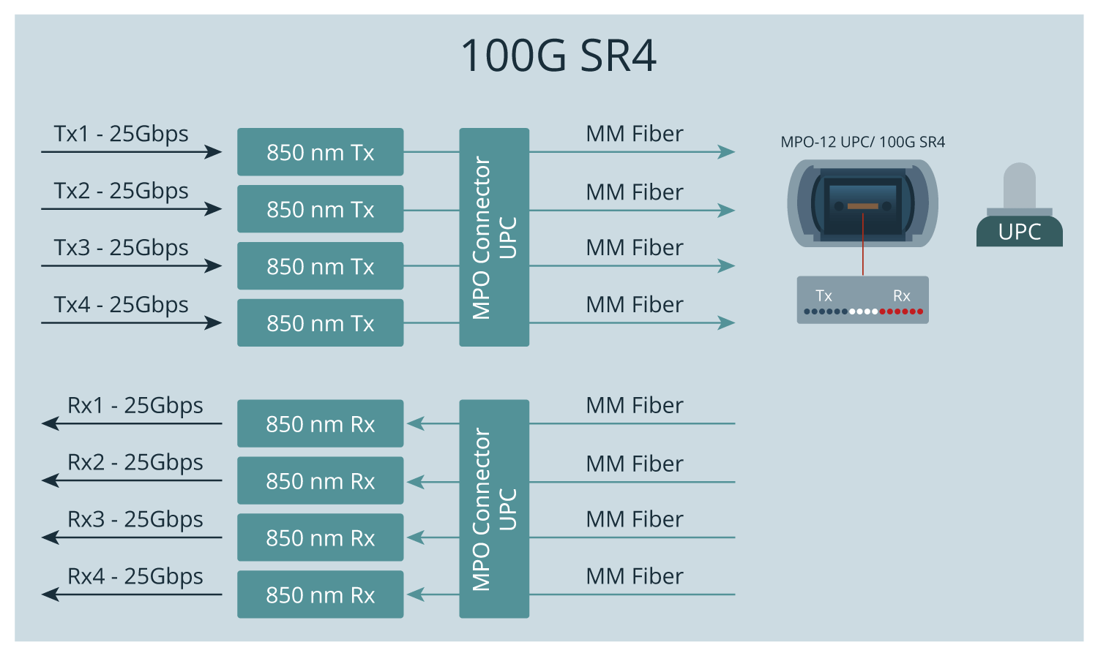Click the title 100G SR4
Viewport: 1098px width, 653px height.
[559, 56]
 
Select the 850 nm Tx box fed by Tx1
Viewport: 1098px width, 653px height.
[320, 152]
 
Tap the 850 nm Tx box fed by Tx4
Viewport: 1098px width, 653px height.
[320, 322]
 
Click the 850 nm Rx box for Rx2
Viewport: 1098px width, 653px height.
[320, 480]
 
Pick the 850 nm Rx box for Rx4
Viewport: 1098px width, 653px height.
[320, 595]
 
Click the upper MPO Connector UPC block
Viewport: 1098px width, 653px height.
[494, 237]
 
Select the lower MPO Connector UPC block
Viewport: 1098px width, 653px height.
[494, 509]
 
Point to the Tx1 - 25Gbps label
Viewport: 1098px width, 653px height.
[121, 134]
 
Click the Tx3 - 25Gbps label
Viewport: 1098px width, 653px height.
[121, 248]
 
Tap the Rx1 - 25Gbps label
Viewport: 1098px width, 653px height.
[135, 405]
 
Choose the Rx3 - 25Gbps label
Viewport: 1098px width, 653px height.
[135, 519]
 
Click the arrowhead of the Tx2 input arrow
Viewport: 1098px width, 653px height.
[214, 209]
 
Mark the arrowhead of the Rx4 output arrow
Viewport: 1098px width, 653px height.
[50, 595]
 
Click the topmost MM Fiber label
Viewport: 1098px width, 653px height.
[635, 134]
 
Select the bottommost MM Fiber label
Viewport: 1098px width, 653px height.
[635, 576]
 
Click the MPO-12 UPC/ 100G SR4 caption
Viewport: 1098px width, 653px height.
[862, 142]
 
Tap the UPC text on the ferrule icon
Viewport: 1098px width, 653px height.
[1019, 232]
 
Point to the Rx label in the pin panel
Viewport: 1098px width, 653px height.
[901, 296]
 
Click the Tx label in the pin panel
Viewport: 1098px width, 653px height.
[823, 296]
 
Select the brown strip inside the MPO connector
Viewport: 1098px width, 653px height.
[862, 206]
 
